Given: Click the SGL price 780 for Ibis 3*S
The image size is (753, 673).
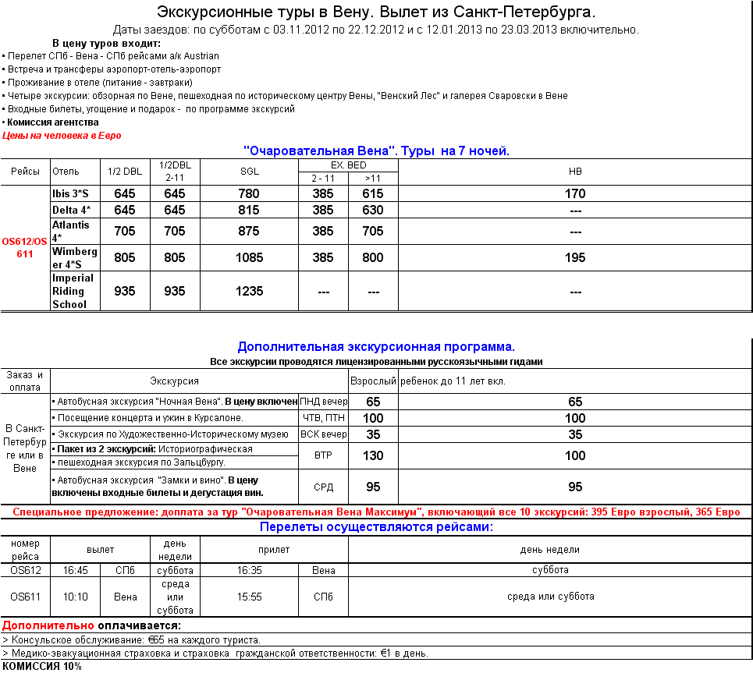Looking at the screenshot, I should [249, 193].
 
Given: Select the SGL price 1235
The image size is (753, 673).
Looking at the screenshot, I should [249, 291].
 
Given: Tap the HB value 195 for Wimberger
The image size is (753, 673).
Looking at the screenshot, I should [575, 257].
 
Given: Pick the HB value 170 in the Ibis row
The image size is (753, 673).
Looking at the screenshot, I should [575, 193].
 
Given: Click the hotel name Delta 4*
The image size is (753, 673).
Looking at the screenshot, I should [71, 210].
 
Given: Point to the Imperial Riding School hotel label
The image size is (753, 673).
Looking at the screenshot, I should [73, 291].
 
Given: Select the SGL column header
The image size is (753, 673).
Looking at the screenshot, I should [249, 171].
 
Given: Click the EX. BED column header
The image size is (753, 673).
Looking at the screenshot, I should [348, 165].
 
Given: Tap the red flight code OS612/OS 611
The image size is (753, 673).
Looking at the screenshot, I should [25, 247].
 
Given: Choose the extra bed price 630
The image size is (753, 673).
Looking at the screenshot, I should [373, 210].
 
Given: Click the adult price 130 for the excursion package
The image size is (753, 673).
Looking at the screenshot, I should [373, 455].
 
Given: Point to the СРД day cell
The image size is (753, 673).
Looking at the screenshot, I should [323, 487].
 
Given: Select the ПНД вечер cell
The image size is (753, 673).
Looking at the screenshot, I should [323, 402].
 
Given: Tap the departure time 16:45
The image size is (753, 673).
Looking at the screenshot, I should [75, 570].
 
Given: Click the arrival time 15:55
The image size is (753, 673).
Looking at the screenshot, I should [249, 597].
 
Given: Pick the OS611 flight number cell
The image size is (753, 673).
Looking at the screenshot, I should [25, 597].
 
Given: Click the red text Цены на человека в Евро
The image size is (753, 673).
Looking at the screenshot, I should [62, 135].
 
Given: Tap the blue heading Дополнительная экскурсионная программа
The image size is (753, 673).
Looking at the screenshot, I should [376, 346].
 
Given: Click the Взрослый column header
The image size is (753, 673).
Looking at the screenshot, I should [373, 381].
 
